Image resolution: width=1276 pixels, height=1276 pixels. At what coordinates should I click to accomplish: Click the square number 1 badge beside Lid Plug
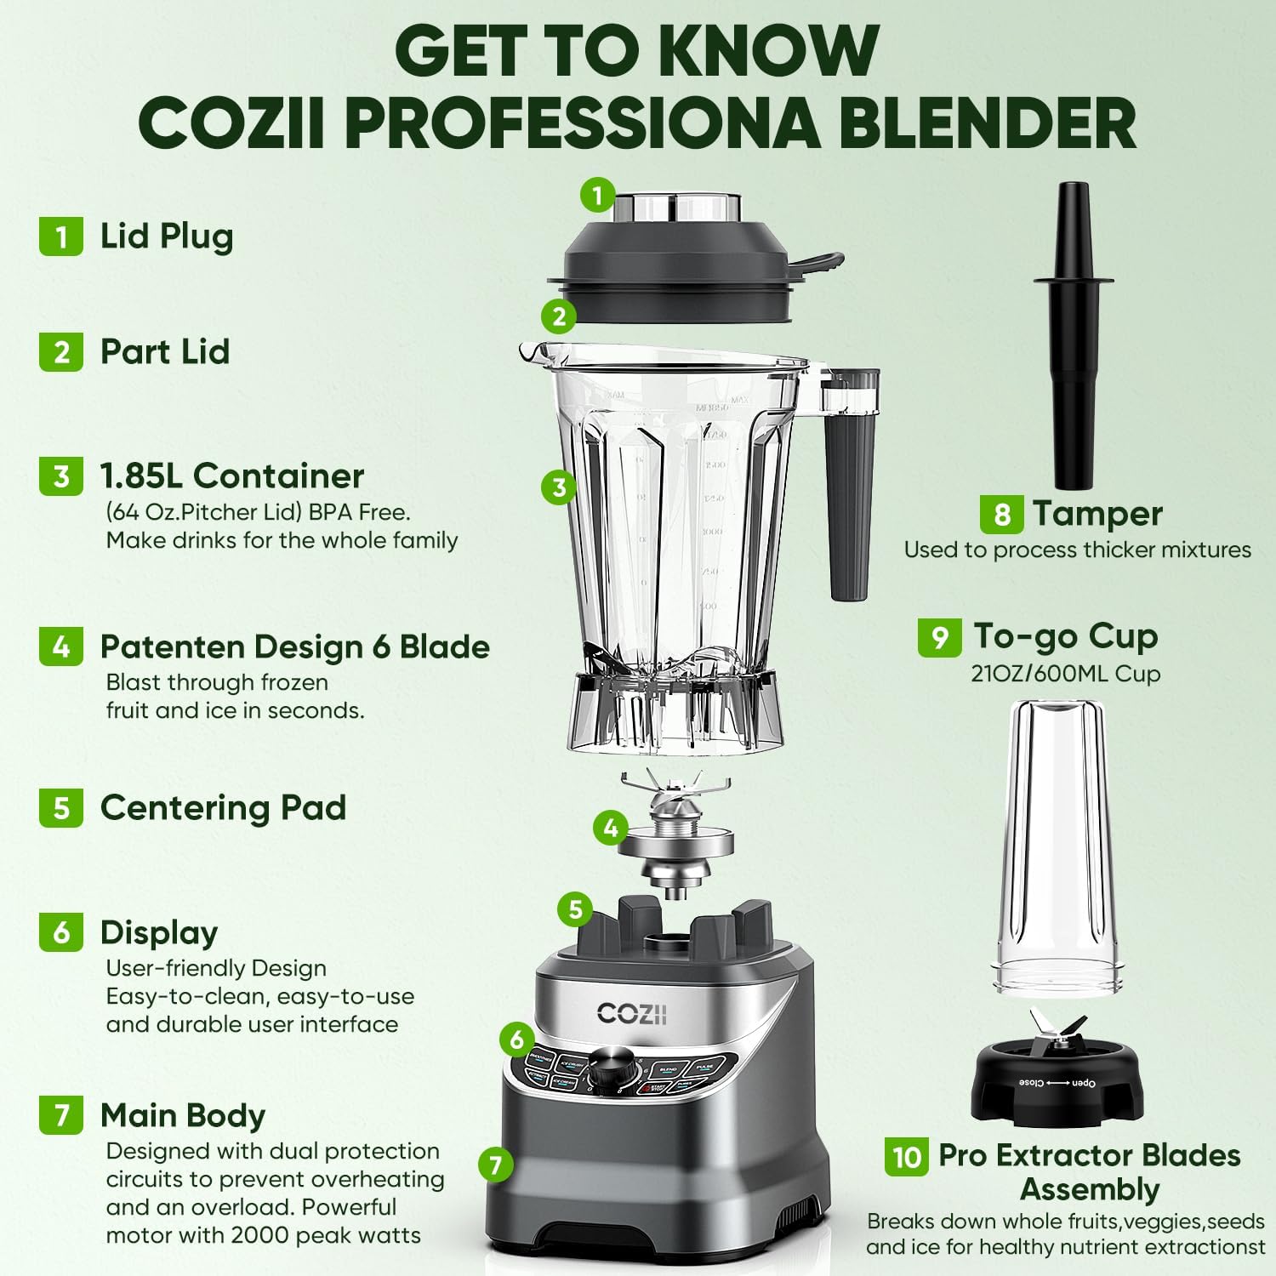pyautogui.click(x=61, y=236)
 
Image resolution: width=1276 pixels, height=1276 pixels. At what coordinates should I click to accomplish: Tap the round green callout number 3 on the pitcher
pyautogui.click(x=559, y=487)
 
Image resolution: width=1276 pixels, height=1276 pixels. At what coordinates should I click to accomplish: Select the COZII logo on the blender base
pyautogui.click(x=631, y=1013)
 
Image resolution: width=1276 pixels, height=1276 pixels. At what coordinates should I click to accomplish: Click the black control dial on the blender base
pyautogui.click(x=611, y=1068)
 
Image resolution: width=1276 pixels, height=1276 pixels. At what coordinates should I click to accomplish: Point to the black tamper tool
pyautogui.click(x=1073, y=340)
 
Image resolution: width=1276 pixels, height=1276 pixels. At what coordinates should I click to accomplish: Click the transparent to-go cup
pyautogui.click(x=1058, y=846)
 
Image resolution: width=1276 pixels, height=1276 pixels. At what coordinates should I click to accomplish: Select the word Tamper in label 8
pyautogui.click(x=1097, y=514)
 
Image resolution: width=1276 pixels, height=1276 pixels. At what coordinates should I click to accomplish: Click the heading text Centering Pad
pyautogui.click(x=223, y=807)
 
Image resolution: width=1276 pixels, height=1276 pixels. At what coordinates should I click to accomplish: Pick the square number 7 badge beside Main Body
pyautogui.click(x=61, y=1114)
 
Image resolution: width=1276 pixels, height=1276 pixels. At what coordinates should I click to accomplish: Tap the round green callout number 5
pyautogui.click(x=575, y=909)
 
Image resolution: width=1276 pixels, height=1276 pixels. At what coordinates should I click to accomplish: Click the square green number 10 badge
pyautogui.click(x=907, y=1156)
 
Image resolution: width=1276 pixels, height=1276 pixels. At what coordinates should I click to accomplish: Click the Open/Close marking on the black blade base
pyautogui.click(x=1057, y=1083)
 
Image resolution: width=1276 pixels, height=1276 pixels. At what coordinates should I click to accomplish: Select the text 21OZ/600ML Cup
pyautogui.click(x=1065, y=674)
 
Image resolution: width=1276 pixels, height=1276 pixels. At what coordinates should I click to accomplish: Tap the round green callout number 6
pyautogui.click(x=516, y=1039)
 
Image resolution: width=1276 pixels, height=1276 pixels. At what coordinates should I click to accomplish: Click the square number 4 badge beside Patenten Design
pyautogui.click(x=61, y=647)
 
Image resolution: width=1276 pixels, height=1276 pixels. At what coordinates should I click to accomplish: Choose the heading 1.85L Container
pyautogui.click(x=231, y=476)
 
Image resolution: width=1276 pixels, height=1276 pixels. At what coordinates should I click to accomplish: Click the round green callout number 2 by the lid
pyautogui.click(x=559, y=317)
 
